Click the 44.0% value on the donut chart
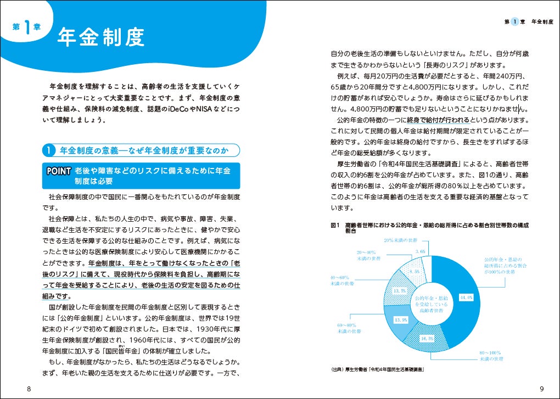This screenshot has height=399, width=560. (x=466, y=297)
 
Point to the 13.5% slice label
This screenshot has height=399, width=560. (x=399, y=290)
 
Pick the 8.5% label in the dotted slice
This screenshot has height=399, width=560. (x=413, y=271)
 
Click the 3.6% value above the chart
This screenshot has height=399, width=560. (x=421, y=251)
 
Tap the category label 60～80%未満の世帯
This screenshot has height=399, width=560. (x=348, y=328)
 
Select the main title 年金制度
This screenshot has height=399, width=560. (x=101, y=37)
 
